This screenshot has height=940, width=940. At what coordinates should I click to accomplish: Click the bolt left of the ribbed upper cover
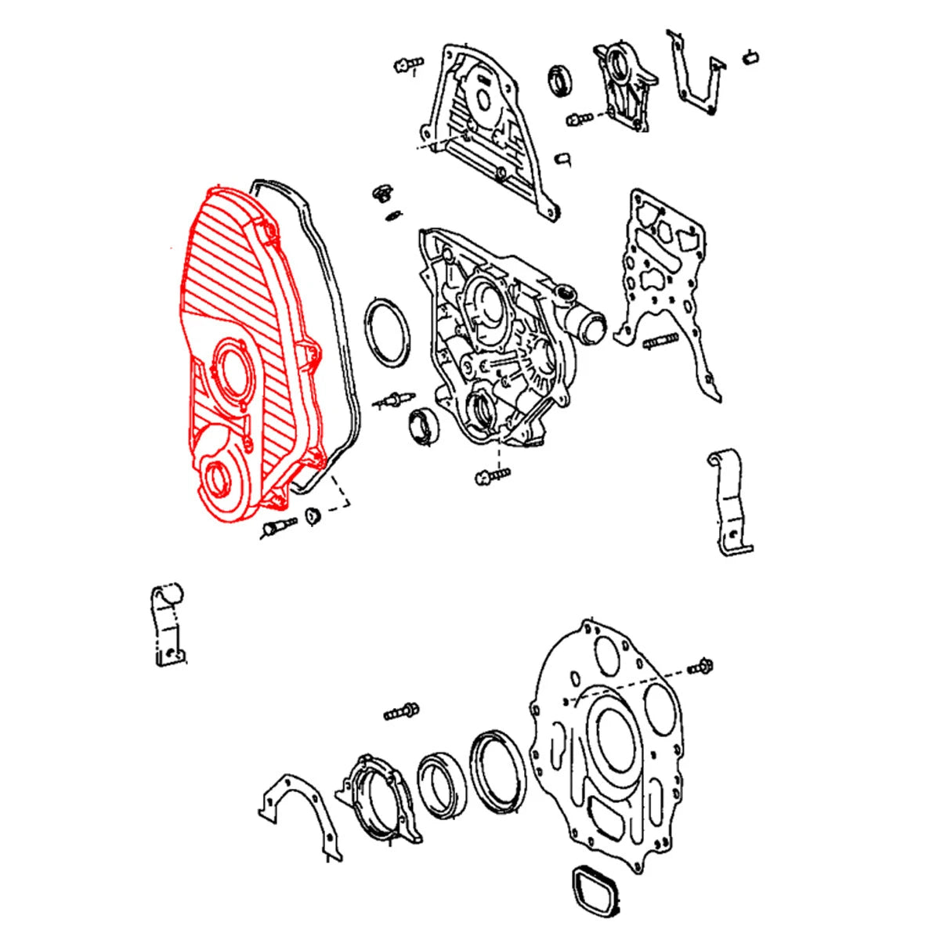408,63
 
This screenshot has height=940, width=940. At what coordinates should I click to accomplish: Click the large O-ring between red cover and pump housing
387,331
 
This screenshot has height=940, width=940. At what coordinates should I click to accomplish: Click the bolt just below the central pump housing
491,475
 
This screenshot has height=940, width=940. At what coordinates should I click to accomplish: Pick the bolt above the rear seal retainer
402,712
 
